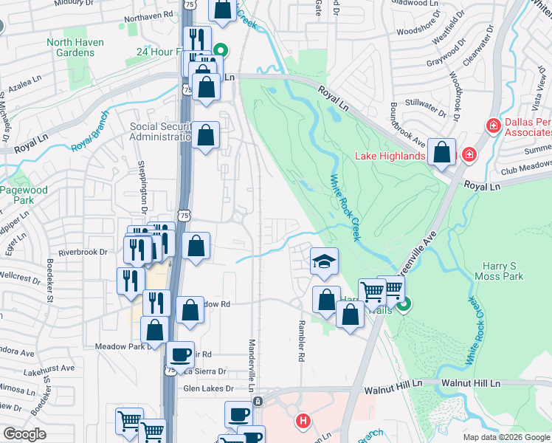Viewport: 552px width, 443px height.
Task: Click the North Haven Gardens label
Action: click(75, 47)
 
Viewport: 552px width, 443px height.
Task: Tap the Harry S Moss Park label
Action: click(500, 271)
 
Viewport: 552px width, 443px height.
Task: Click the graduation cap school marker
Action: click(324, 262)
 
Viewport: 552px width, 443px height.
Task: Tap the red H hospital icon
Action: click(302, 422)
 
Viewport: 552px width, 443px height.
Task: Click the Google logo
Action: click(24, 434)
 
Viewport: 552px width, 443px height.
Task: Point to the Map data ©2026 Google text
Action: click(506, 437)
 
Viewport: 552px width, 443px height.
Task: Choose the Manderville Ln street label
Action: click(252, 366)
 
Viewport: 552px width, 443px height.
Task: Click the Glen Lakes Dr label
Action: click(208, 388)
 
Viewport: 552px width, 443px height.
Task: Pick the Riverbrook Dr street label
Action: click(83, 252)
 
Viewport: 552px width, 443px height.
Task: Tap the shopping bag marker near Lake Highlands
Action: click(442, 153)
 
